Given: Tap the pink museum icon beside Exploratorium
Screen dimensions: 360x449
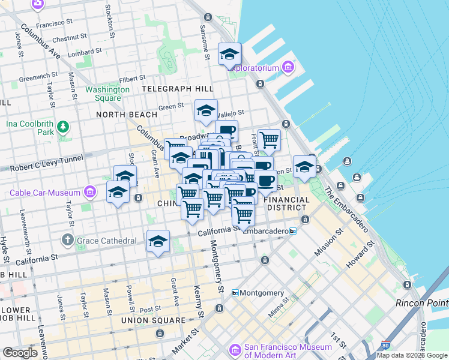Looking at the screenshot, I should (289, 67).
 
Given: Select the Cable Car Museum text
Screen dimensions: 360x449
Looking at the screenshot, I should (45, 193).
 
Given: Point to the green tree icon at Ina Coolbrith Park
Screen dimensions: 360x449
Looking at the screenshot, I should (62, 127).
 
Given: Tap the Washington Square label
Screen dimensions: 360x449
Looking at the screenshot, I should (107, 94).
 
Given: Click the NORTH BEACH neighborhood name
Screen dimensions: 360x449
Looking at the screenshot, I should (127, 114).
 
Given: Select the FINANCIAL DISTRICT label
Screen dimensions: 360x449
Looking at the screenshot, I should (287, 204).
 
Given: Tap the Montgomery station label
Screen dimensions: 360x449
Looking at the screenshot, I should (262, 293).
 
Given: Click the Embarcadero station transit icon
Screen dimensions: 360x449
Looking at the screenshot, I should (293, 231).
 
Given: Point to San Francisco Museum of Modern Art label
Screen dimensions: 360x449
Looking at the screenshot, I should (287, 352).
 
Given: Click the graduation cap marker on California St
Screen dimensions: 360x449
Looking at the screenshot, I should (158, 241).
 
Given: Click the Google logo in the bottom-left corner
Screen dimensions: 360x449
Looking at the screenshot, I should (20, 353).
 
